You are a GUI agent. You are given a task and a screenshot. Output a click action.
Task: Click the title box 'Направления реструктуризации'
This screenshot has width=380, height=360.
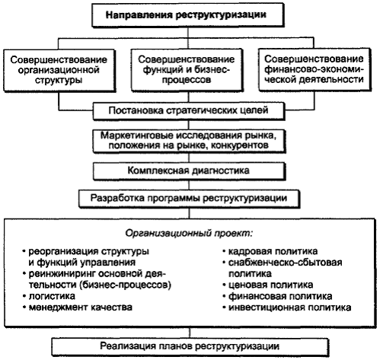click(x=187, y=14)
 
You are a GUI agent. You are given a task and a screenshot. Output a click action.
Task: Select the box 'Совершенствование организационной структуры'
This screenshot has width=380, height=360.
click(x=59, y=70)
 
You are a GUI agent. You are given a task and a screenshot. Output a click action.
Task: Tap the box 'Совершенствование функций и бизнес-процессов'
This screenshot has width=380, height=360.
click(x=187, y=70)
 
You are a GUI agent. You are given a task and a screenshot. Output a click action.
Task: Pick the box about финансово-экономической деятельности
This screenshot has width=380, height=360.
click(x=315, y=69)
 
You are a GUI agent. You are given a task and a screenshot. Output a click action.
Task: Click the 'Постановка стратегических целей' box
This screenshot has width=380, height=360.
click(x=189, y=110)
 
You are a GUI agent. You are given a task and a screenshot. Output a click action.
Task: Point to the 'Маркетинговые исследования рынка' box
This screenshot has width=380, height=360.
click(x=189, y=141)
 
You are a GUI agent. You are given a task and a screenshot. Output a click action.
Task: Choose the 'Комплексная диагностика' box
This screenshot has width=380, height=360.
click(x=189, y=170)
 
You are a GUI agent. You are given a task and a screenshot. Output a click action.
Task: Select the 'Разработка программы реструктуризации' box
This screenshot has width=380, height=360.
click(x=189, y=199)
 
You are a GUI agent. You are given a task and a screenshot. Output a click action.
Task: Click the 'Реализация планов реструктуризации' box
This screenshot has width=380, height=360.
click(x=190, y=346)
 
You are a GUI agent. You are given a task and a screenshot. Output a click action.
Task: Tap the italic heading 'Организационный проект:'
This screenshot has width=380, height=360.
click(x=189, y=233)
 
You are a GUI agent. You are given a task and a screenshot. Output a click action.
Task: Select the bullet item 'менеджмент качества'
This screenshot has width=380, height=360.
click(x=78, y=307)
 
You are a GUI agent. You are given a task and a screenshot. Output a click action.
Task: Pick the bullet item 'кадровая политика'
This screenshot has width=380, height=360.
click(x=270, y=251)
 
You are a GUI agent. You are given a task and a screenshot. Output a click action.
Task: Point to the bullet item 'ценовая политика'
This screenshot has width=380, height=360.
click(x=268, y=285)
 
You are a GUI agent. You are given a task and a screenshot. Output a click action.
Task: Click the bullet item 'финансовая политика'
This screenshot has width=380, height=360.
click(x=277, y=296)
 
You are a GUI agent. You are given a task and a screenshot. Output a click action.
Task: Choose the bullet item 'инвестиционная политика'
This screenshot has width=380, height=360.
click(x=287, y=307)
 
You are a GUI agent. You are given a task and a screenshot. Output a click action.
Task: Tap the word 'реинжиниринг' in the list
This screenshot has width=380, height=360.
click(x=62, y=274)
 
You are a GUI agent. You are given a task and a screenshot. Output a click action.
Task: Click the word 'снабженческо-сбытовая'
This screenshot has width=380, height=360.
click(x=286, y=263)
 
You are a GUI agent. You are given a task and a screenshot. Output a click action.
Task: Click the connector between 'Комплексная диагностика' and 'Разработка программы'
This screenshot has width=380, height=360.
click(x=189, y=185)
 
